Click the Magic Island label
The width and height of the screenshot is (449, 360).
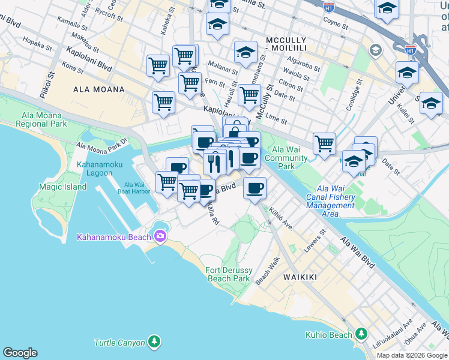pos(63,187)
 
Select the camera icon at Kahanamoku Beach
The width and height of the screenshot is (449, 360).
pos(160,237)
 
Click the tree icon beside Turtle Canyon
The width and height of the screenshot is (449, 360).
pos(155,343)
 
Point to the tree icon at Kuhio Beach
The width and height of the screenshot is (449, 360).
pos(361,333)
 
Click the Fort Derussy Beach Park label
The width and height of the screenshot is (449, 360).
pos(228,274)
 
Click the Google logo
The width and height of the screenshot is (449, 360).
pos(20,353)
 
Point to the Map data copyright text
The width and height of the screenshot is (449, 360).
pos(412,355)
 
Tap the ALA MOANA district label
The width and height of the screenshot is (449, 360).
pos(98,89)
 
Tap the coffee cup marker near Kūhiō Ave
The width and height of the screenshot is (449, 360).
pos(255,188)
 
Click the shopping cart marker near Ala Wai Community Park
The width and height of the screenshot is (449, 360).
pos(324,144)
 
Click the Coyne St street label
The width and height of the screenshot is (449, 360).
pos(335,24)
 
